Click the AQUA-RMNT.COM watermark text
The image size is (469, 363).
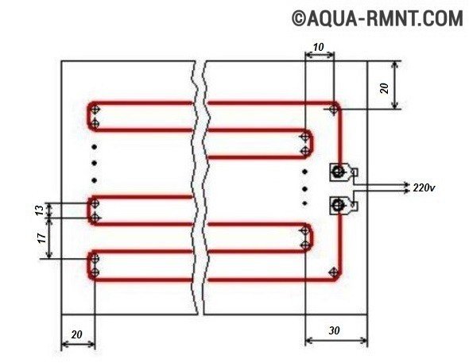[x=385, y=18]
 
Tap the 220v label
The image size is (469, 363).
[x=424, y=187]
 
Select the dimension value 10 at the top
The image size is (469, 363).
[x=319, y=47]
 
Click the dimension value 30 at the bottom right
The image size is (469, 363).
[x=334, y=330]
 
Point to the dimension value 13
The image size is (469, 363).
[x=40, y=210]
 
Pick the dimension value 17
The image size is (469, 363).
[x=41, y=237]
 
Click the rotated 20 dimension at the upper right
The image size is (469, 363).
[x=385, y=88]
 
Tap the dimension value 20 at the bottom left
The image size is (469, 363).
[x=76, y=334]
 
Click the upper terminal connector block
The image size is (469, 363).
[x=343, y=172]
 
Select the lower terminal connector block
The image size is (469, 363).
[x=343, y=205]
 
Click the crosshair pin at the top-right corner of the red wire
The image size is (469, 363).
[x=333, y=110]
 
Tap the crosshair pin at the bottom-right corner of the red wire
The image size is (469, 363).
[x=333, y=272]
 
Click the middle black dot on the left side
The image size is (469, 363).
[x=95, y=163]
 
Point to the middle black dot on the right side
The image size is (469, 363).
[x=305, y=189]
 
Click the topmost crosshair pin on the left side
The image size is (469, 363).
[x=95, y=110]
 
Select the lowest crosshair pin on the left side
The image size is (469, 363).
[x=95, y=272]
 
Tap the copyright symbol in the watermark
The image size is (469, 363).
[x=298, y=18]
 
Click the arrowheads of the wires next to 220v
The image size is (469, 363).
[x=406, y=187]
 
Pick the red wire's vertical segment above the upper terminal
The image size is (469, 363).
[x=340, y=137]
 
